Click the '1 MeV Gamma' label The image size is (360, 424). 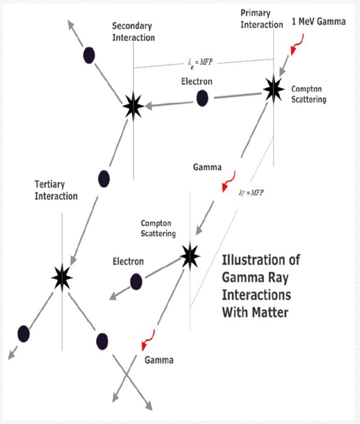click(319, 22)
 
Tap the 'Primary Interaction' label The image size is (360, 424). click(262, 19)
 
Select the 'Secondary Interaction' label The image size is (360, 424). click(133, 31)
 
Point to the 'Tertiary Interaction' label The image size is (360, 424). click(56, 190)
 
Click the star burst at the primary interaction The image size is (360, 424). click(273, 89)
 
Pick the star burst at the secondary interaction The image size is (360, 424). click(133, 106)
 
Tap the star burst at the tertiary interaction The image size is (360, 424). click(62, 277)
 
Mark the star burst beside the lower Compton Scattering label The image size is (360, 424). click(190, 256)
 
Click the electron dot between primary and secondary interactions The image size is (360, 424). click(202, 98)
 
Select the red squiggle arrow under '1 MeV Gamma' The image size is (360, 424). click(298, 44)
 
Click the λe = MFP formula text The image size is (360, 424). click(200, 63)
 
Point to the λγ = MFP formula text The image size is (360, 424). click(251, 193)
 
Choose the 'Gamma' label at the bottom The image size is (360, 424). click(159, 360)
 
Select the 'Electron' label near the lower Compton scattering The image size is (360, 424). click(128, 262)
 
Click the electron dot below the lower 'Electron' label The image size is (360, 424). click(136, 282)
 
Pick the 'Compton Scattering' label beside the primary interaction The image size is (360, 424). click(308, 94)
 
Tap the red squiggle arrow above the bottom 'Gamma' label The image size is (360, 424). click(148, 340)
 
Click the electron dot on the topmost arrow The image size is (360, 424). click(89, 55)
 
